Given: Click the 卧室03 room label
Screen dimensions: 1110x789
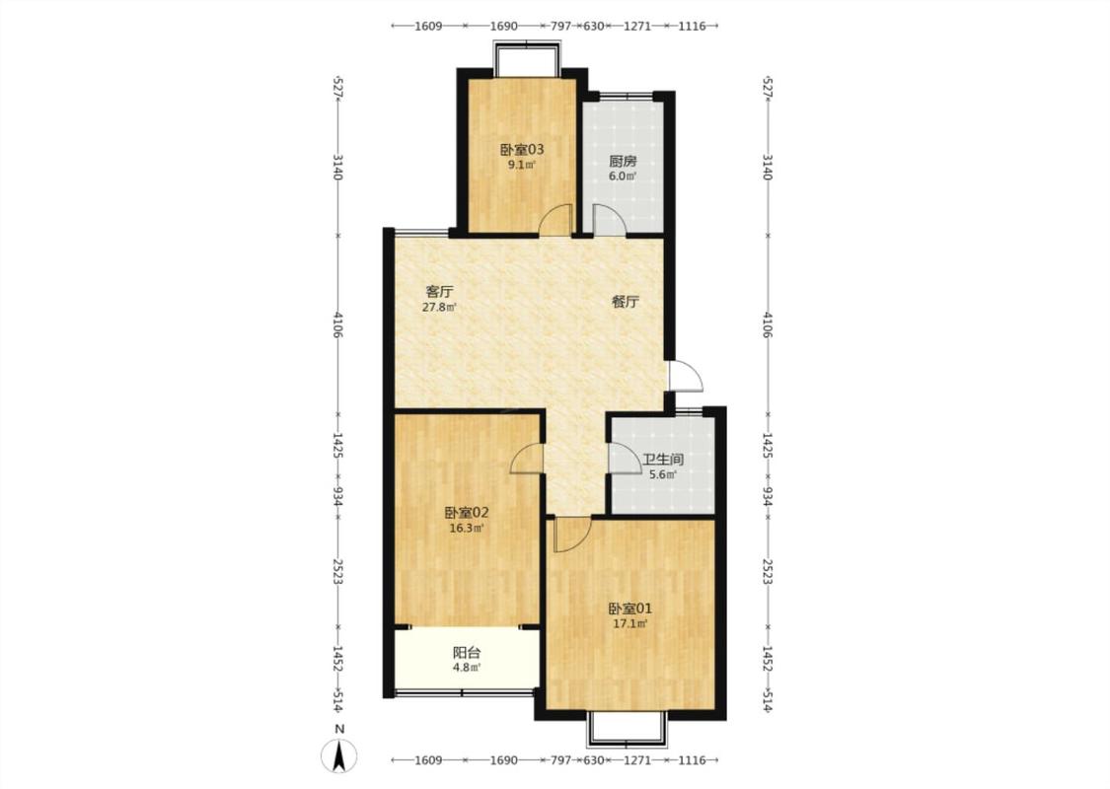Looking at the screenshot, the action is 522,149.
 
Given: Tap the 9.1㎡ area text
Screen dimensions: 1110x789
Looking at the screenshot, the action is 521,166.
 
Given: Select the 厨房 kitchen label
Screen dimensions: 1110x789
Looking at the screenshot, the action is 623,162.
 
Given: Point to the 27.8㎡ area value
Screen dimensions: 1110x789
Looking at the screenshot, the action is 440,307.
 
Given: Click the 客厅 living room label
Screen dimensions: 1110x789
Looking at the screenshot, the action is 440,291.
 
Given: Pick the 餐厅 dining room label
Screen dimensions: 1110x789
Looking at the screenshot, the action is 626,302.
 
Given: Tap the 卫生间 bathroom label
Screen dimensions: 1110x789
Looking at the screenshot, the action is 663,460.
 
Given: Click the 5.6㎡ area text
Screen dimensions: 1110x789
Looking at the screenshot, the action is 663,474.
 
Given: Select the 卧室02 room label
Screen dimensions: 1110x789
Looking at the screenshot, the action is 467,512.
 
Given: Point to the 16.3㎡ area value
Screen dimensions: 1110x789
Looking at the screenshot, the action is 467,528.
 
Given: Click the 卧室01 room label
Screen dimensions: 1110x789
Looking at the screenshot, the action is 630,609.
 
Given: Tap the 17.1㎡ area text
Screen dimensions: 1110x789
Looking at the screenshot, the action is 630,624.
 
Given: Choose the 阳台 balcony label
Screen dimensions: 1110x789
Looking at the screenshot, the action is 467,653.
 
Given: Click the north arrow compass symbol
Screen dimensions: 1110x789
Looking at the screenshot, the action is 339,755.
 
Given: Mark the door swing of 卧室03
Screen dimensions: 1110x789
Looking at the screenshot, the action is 555,219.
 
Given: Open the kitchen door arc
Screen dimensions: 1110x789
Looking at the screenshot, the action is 609,219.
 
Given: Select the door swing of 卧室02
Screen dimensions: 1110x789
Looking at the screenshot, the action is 528,459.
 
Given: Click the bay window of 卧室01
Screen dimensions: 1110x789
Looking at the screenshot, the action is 628,729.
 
